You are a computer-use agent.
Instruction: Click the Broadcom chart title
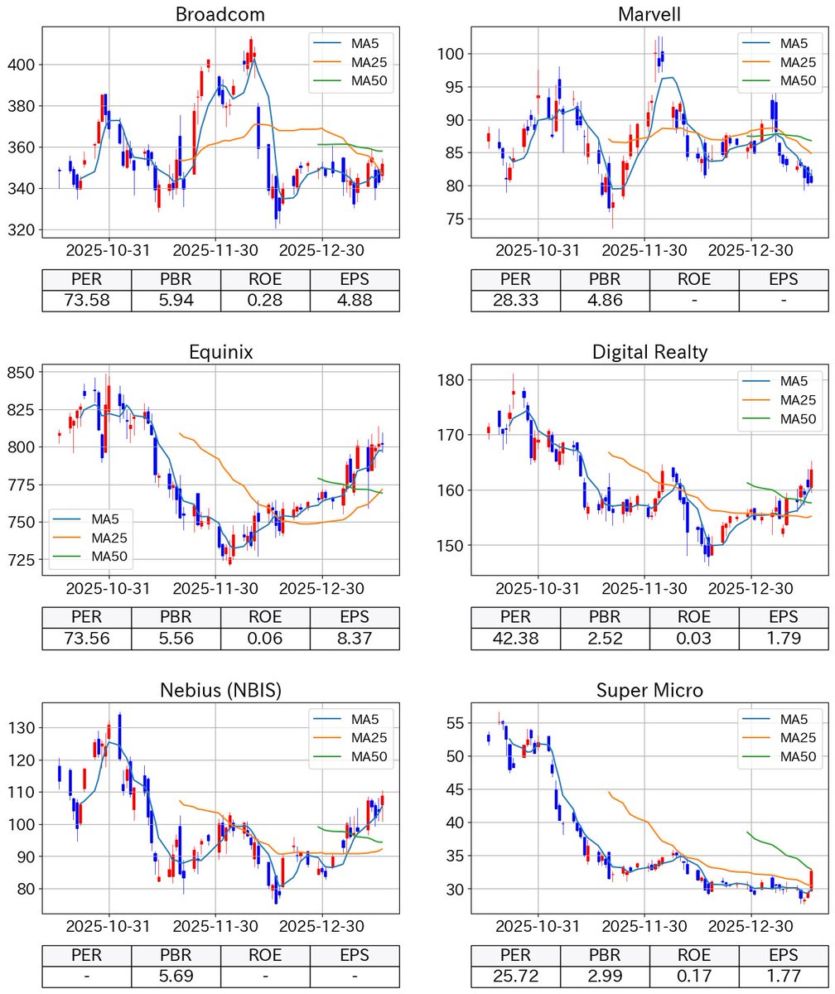click(x=220, y=14)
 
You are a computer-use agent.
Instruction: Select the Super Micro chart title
click(x=649, y=690)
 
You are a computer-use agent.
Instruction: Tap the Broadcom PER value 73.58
click(x=86, y=300)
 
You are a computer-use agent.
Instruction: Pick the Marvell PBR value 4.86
click(x=605, y=300)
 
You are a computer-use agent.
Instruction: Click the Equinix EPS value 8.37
click(x=355, y=638)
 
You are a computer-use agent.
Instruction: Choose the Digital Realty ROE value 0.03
click(x=694, y=638)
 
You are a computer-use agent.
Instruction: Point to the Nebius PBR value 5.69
click(x=176, y=976)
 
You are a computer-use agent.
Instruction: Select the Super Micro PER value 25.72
click(x=515, y=976)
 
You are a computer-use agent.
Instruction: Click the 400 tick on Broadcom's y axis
click(x=22, y=65)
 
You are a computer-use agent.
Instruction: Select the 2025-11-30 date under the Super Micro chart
click(x=644, y=926)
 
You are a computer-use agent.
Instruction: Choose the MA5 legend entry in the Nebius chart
click(x=365, y=719)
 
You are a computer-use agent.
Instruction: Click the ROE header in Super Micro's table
click(x=694, y=955)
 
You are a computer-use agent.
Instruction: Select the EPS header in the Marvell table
click(x=784, y=279)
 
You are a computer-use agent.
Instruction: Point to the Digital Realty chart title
click(x=649, y=352)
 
